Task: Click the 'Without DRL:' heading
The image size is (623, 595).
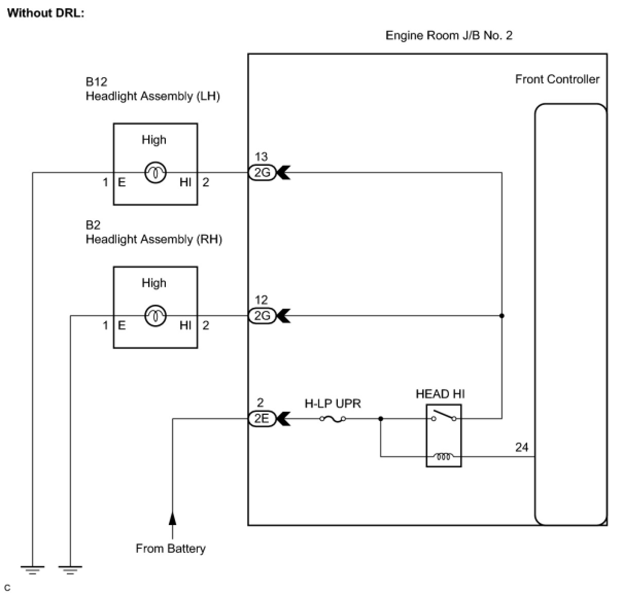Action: (x=46, y=13)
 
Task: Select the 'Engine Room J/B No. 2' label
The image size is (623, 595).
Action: (x=448, y=36)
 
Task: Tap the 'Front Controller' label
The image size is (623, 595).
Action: (x=557, y=79)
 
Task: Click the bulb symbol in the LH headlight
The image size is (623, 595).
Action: (x=155, y=173)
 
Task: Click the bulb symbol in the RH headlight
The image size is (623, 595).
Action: (x=155, y=316)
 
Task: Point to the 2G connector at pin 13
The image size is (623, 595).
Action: (x=262, y=172)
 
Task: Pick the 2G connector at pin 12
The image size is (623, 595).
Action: (x=262, y=316)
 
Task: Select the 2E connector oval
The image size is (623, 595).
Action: (x=262, y=418)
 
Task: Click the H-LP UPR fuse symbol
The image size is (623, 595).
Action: (x=333, y=419)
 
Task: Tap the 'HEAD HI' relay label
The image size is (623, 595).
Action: (x=440, y=394)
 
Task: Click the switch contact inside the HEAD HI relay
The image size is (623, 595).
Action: (x=444, y=416)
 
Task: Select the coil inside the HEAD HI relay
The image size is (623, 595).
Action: (x=444, y=456)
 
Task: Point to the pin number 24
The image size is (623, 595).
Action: (x=522, y=447)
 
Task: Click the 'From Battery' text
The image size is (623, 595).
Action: (x=170, y=549)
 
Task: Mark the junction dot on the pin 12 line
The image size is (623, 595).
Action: (x=502, y=316)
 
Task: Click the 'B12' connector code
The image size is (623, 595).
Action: (x=96, y=82)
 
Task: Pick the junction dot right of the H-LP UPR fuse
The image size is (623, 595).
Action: (x=381, y=419)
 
